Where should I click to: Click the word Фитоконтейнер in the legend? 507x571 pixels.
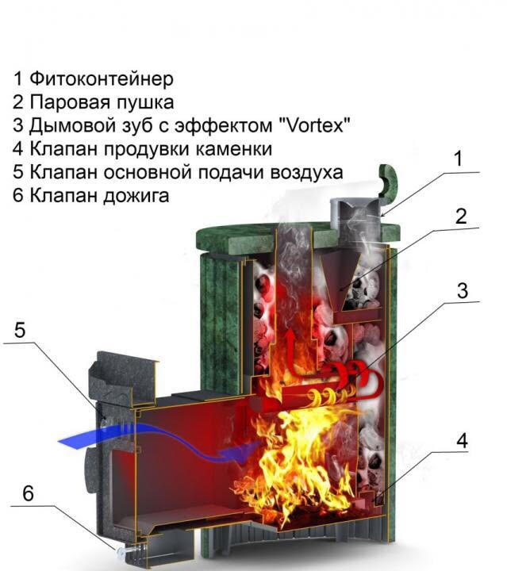click(102, 79)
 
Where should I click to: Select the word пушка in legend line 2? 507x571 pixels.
click(145, 102)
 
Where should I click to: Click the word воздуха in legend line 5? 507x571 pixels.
click(307, 172)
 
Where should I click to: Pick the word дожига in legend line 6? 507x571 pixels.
click(136, 196)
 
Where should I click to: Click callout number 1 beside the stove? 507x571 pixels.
click(458, 159)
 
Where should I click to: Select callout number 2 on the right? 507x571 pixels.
click(461, 217)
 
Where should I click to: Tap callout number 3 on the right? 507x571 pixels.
click(462, 291)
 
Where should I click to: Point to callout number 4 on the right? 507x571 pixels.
click(462, 441)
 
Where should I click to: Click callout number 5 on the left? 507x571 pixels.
click(20, 330)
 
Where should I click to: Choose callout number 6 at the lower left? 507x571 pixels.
click(28, 493)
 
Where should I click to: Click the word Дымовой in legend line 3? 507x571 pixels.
click(67, 125)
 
